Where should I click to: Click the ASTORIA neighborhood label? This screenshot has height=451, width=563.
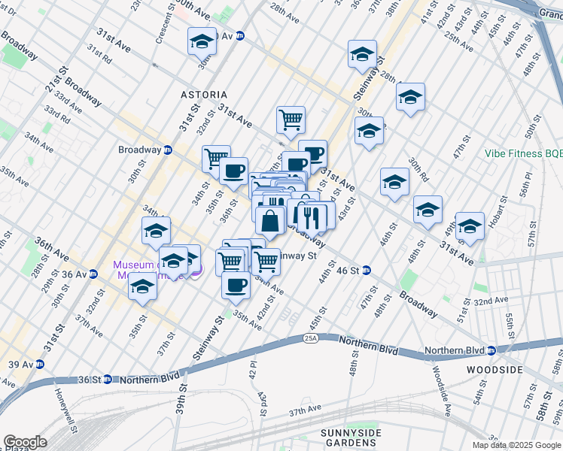203,95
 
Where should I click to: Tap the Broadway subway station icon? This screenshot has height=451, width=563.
168,150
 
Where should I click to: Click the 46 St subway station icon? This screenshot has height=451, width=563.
366,270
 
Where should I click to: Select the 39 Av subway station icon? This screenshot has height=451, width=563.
40,364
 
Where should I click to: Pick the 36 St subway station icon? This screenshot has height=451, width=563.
108,380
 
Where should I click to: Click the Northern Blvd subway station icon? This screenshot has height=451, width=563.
490,351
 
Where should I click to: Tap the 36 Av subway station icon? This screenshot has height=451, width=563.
93,274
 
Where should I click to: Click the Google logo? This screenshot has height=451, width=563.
25,442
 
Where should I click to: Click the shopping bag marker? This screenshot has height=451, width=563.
269,221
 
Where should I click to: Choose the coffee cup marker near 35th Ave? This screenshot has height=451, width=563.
236,285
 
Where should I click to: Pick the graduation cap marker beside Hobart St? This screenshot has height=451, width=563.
470,225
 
